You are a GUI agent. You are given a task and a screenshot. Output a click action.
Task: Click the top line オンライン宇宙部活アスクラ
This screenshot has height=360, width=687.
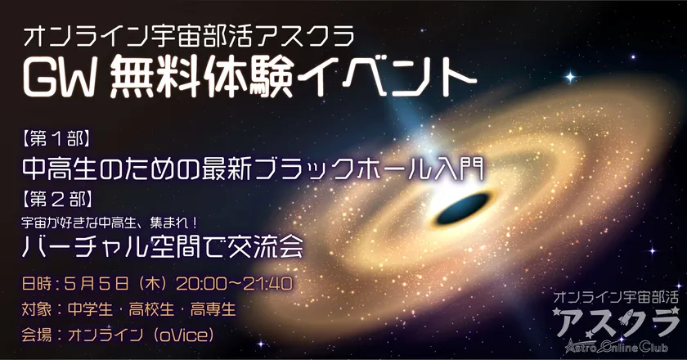pyautogui.click(x=189, y=37)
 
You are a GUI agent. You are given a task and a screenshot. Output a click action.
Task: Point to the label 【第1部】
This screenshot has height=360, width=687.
pyautogui.click(x=57, y=139)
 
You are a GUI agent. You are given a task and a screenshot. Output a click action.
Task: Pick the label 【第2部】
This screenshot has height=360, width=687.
pyautogui.click(x=57, y=200)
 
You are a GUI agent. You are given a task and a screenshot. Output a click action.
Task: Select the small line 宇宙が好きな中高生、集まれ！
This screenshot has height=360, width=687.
pyautogui.click(x=110, y=223)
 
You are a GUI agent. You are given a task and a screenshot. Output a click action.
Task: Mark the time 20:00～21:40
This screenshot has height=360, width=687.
pyautogui.click(x=235, y=284)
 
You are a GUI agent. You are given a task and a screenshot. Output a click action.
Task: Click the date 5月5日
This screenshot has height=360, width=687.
pyautogui.click(x=97, y=284)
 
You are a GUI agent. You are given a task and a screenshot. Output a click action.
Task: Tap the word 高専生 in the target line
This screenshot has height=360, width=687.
pyautogui.click(x=213, y=310)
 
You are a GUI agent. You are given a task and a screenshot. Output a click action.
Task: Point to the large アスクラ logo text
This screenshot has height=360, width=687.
pyautogui.click(x=617, y=322)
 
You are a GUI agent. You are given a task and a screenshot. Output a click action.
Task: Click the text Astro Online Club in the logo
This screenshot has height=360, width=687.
pyautogui.click(x=617, y=346)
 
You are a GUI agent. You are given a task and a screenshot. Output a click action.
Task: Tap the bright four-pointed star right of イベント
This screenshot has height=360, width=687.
pyautogui.click(x=570, y=78)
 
